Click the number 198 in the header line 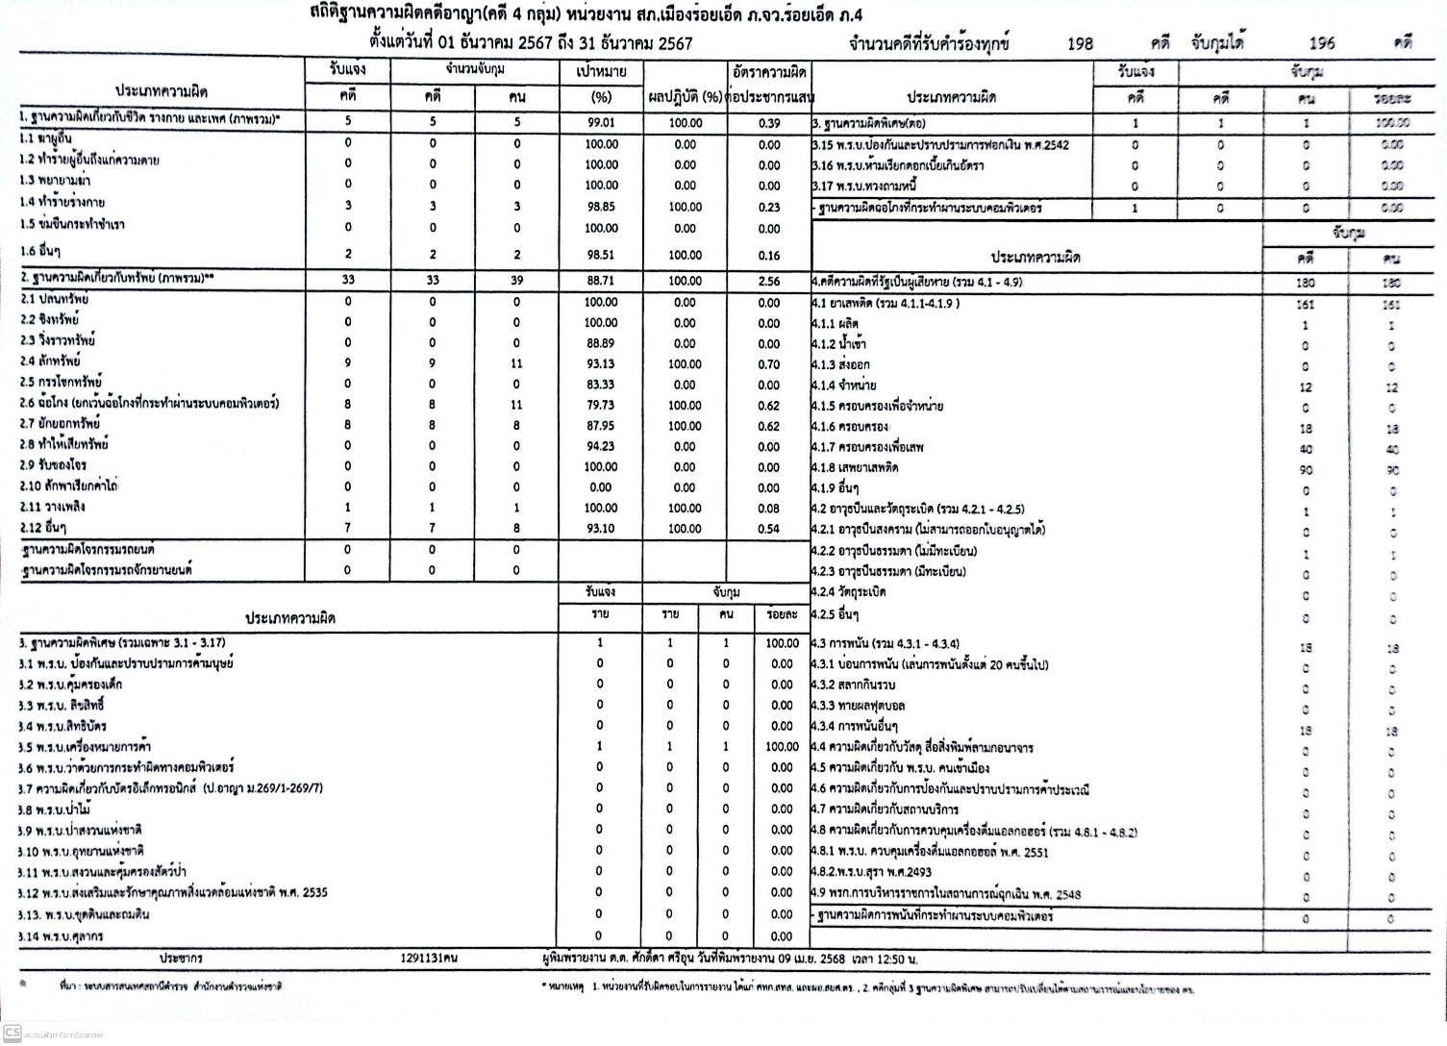(x=1080, y=43)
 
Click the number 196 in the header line (x=1322, y=43)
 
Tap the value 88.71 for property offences (x=601, y=281)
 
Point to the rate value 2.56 (x=768, y=282)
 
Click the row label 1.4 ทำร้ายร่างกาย (x=62, y=203)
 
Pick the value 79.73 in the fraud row (x=601, y=406)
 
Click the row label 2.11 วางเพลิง (x=52, y=507)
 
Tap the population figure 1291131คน (x=429, y=959)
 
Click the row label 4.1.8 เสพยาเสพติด (x=855, y=467)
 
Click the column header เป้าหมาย (x=601, y=71)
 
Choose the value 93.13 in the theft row (x=601, y=363)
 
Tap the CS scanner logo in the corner (x=12, y=1033)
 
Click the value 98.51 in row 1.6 (x=601, y=255)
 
